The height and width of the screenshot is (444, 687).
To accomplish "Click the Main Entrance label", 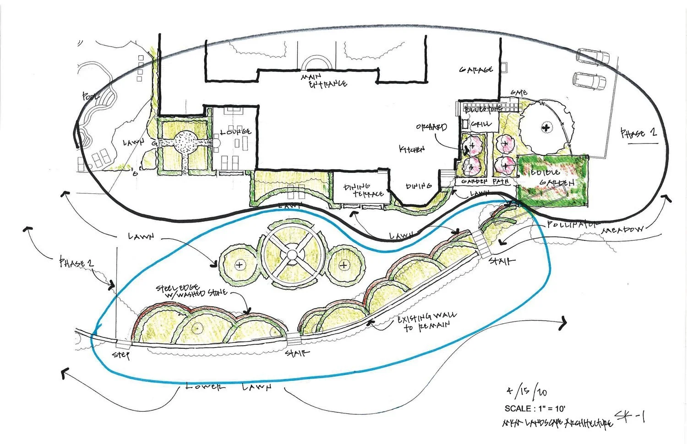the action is pyautogui.click(x=323, y=80).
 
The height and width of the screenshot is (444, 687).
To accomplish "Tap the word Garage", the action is pyautogui.click(x=476, y=70).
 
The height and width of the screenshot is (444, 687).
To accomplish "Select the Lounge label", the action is pyautogui.click(x=235, y=132).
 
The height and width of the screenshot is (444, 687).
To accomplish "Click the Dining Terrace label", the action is pyautogui.click(x=364, y=190).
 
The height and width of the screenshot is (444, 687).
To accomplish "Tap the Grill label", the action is pyautogui.click(x=481, y=123).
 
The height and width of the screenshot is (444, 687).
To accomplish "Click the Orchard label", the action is pyautogui.click(x=431, y=127).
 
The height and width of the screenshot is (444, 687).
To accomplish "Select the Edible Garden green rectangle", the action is pyautogui.click(x=552, y=179).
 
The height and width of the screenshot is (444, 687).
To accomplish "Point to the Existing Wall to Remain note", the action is pyautogui.click(x=426, y=321).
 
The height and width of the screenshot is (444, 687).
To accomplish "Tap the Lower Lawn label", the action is pyautogui.click(x=229, y=387).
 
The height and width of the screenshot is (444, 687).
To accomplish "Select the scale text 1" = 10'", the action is pyautogui.click(x=536, y=408).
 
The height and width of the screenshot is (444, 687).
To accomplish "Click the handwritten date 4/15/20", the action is pyautogui.click(x=526, y=392).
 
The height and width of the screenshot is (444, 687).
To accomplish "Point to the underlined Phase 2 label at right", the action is pyautogui.click(x=638, y=134).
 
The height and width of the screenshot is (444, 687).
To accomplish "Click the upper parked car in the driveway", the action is pyautogui.click(x=593, y=56).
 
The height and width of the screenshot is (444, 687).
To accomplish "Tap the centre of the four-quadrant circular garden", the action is pyautogui.click(x=291, y=254).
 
